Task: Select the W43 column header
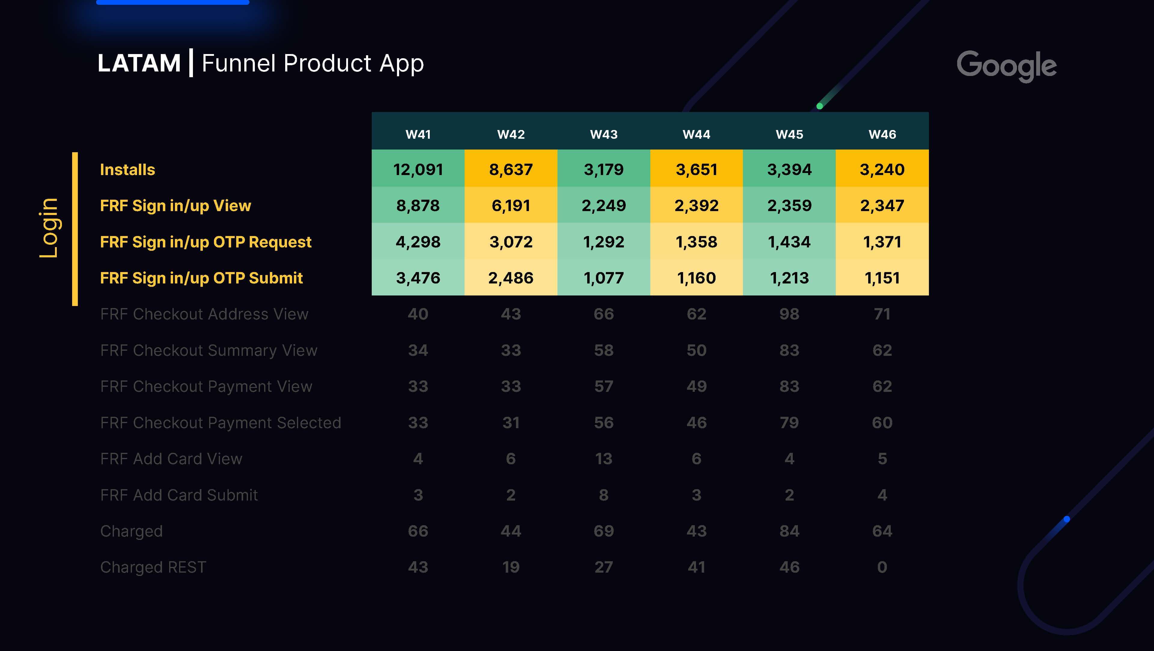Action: tap(603, 134)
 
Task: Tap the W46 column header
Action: tap(882, 134)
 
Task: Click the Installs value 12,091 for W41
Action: tap(418, 170)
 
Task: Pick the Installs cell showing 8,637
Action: tap(511, 170)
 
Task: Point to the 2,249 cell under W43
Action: tap(603, 205)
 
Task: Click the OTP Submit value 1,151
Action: tap(882, 278)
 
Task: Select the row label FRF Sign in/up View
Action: tap(175, 205)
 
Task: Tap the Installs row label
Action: tap(127, 170)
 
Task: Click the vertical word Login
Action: tap(48, 228)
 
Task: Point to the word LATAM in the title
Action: tap(139, 63)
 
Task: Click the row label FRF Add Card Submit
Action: tap(179, 495)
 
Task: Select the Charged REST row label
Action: tap(153, 567)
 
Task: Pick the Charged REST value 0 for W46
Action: tap(882, 567)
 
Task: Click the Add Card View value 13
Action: tap(603, 459)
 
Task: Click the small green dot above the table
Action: tap(819, 106)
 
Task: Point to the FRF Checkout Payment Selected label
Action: tap(220, 423)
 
